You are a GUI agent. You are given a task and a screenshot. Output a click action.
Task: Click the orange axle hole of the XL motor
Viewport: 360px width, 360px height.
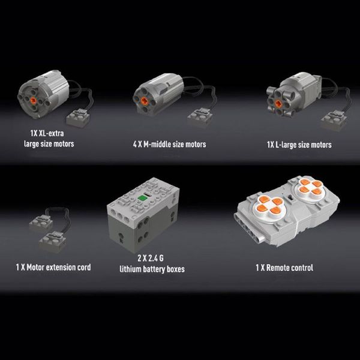pyautogui.click(x=34, y=100)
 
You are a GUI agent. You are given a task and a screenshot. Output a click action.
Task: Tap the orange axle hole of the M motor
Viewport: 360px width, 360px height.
pyautogui.click(x=144, y=100)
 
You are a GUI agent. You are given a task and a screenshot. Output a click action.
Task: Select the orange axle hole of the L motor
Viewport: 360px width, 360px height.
pyautogui.click(x=278, y=103)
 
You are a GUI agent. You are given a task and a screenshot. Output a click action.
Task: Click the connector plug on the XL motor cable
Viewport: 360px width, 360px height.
pyautogui.click(x=78, y=118)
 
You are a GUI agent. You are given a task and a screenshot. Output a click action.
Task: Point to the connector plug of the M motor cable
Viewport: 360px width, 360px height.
pyautogui.click(x=199, y=117)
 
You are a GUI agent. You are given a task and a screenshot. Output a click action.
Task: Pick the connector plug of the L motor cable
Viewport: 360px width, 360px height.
pyautogui.click(x=334, y=120)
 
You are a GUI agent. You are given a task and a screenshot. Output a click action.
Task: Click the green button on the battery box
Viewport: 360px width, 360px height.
pyautogui.click(x=142, y=198)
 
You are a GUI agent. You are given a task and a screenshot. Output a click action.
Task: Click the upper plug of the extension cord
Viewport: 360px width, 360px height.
pyautogui.click(x=41, y=223)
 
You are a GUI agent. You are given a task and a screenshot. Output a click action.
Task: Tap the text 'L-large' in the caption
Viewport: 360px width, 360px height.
pyautogui.click(x=286, y=145)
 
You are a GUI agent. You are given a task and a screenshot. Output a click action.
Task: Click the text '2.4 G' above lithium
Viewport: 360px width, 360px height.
pyautogui.click(x=156, y=258)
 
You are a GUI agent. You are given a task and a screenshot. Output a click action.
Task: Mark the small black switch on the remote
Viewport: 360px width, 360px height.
pyautogui.click(x=290, y=197)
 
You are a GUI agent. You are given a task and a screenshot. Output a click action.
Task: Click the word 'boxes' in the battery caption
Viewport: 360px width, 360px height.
pyautogui.click(x=176, y=269)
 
